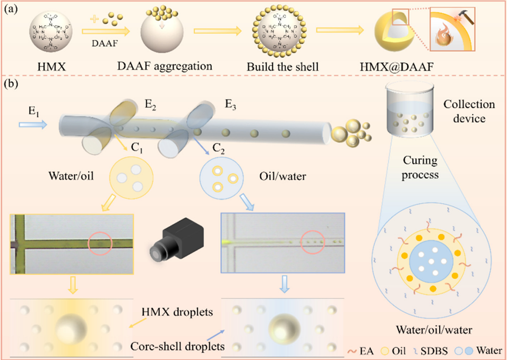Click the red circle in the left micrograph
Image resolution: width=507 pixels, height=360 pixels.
pos(100,243)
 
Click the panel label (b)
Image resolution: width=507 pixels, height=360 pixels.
pos(14,83)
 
